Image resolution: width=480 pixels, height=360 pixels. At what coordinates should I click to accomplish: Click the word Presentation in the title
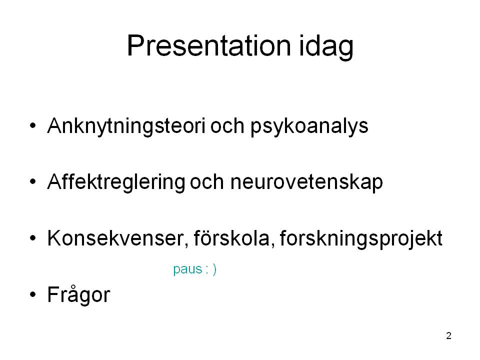click(x=209, y=45)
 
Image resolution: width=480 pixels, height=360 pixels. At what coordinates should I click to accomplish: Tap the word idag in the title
click(x=326, y=47)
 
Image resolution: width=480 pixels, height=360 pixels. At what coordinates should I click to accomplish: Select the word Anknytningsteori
click(x=126, y=126)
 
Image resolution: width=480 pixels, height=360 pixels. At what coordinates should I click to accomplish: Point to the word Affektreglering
click(x=116, y=182)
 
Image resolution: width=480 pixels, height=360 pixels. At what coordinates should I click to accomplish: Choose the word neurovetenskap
click(x=306, y=183)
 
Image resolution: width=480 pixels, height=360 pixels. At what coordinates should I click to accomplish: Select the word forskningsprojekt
click(x=361, y=239)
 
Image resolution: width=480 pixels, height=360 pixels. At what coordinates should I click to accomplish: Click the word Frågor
click(x=78, y=294)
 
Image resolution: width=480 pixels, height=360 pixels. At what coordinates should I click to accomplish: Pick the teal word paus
click(x=187, y=269)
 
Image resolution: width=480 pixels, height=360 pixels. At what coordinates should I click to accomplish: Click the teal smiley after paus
click(x=211, y=269)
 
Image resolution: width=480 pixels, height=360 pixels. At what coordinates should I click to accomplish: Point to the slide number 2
click(x=449, y=336)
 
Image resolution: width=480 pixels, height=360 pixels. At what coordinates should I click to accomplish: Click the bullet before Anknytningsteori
click(x=33, y=125)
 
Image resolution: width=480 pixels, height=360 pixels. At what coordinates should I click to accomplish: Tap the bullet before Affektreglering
click(x=33, y=182)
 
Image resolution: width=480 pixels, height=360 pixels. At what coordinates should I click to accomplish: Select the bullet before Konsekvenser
click(x=33, y=238)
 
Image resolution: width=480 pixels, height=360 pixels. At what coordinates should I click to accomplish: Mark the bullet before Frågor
click(x=33, y=294)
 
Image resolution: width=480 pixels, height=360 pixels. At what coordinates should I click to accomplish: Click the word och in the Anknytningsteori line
click(x=227, y=126)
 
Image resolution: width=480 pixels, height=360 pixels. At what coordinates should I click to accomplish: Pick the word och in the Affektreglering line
click(x=207, y=182)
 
